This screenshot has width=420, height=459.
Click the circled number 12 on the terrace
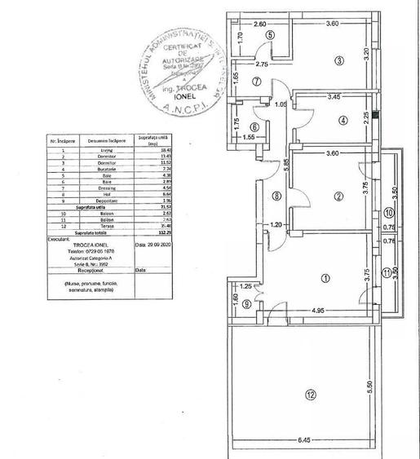pyautogui.click(x=310, y=395)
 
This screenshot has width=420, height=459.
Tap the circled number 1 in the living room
pyautogui.click(x=325, y=279)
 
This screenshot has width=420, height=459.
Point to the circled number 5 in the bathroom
pyautogui.click(x=268, y=35)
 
